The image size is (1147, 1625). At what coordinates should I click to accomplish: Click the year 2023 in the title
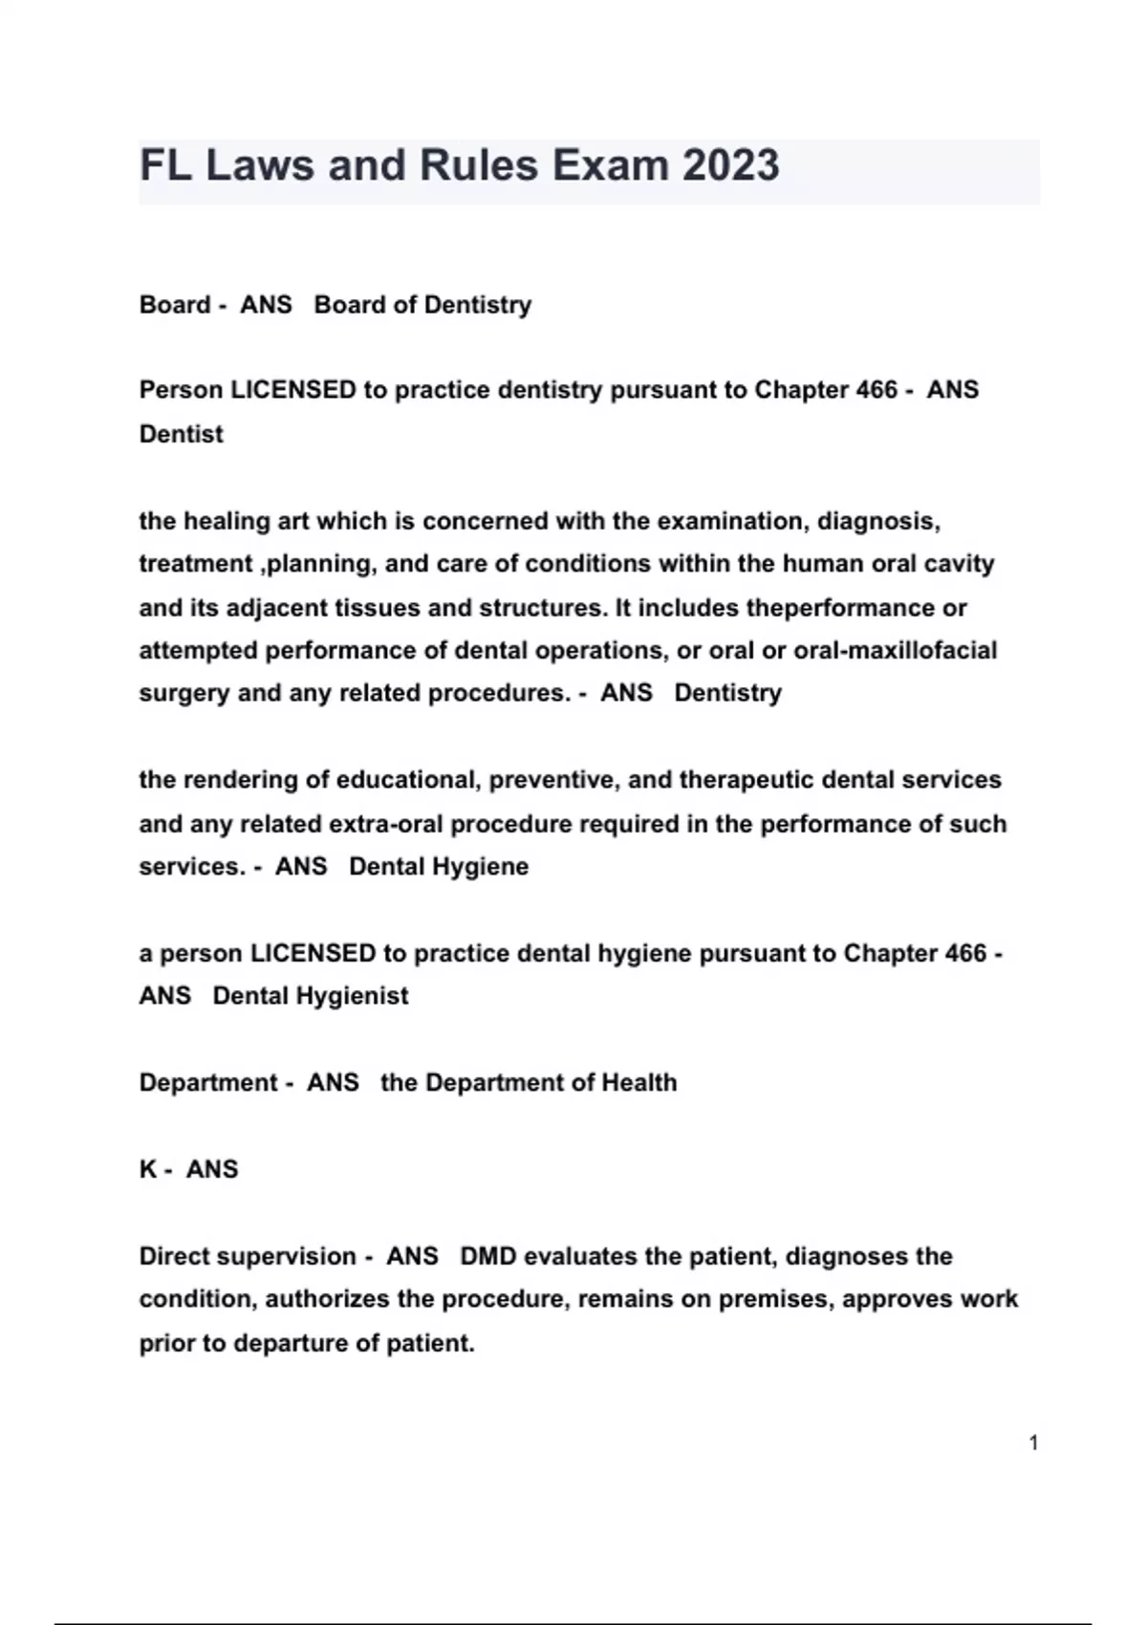(730, 165)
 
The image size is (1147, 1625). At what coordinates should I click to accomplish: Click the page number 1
(1033, 1442)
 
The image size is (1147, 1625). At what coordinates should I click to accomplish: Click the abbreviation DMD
(488, 1256)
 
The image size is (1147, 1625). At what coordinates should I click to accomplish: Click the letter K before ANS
(148, 1169)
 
